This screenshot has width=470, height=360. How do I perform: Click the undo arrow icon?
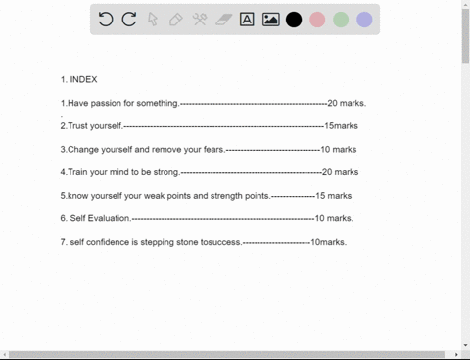click(x=106, y=20)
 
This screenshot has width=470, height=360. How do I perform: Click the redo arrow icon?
click(x=129, y=20)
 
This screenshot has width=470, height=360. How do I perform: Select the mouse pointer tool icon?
click(x=153, y=20)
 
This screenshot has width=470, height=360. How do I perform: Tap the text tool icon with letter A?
click(x=247, y=20)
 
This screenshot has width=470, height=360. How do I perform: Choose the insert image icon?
click(x=271, y=20)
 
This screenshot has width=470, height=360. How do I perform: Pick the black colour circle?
click(x=294, y=20)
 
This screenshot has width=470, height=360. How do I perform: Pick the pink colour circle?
click(x=317, y=20)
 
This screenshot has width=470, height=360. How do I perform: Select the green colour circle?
click(x=341, y=20)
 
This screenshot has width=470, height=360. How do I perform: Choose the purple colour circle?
click(x=364, y=20)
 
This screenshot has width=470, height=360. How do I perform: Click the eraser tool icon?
click(x=224, y=20)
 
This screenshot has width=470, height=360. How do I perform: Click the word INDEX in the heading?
click(x=83, y=79)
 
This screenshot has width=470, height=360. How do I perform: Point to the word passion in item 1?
click(x=106, y=104)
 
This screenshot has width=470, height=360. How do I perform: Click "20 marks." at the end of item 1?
click(x=347, y=103)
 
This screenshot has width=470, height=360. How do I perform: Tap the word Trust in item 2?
click(x=78, y=126)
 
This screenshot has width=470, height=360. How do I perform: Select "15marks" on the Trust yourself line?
click(x=342, y=126)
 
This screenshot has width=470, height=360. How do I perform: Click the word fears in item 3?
click(x=213, y=150)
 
